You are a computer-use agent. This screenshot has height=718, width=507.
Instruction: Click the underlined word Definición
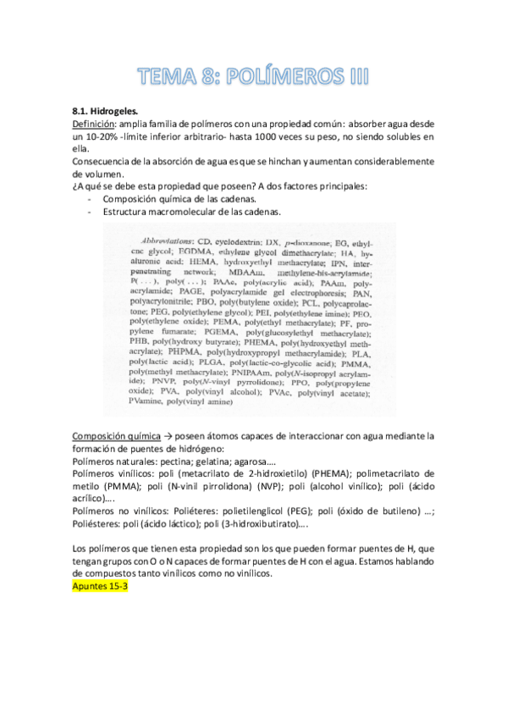click(x=94, y=123)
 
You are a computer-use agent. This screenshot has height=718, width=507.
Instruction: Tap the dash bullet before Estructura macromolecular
click(x=90, y=212)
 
